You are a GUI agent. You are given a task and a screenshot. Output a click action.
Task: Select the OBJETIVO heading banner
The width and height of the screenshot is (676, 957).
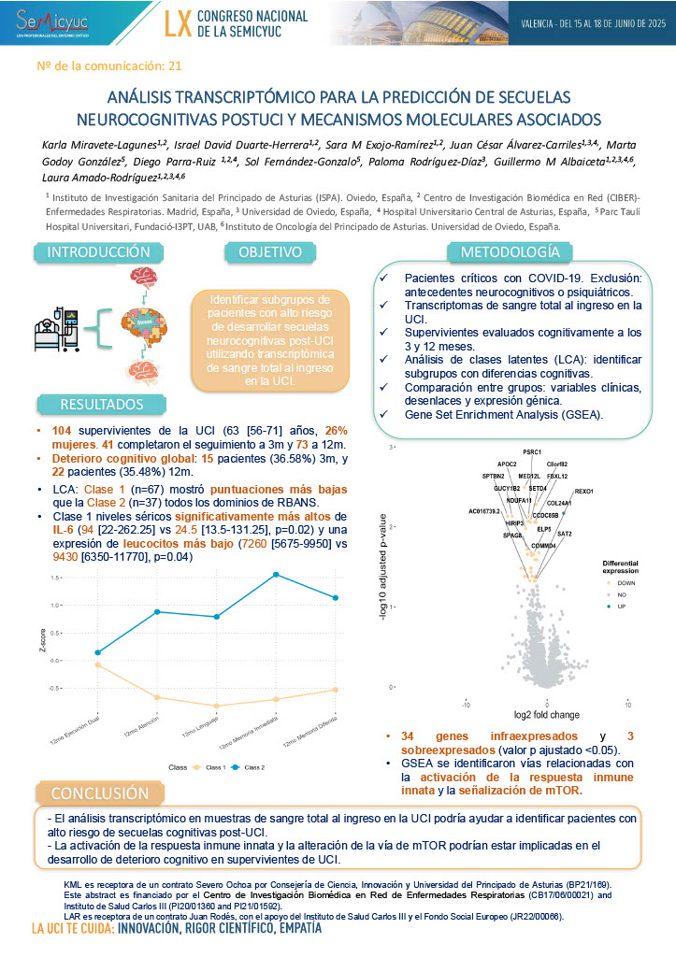[269, 252]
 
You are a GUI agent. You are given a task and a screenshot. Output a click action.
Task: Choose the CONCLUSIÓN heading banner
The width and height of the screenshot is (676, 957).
[100, 793]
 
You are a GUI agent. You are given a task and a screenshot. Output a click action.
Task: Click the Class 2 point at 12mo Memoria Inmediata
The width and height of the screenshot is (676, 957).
[276, 575]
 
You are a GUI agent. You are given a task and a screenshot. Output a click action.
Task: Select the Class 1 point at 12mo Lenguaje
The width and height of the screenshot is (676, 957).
[216, 706]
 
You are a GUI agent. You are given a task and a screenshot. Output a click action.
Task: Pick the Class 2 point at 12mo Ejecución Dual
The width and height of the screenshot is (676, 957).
[98, 652]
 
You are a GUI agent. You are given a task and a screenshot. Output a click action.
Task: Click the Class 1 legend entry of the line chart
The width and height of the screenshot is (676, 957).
[210, 767]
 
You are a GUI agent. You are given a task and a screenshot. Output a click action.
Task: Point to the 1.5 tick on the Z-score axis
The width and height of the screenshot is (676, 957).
[55, 578]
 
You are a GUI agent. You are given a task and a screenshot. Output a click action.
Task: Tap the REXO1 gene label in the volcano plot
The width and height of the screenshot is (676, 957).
[584, 490]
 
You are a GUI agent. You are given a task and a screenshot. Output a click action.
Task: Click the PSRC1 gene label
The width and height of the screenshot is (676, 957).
[532, 452]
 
